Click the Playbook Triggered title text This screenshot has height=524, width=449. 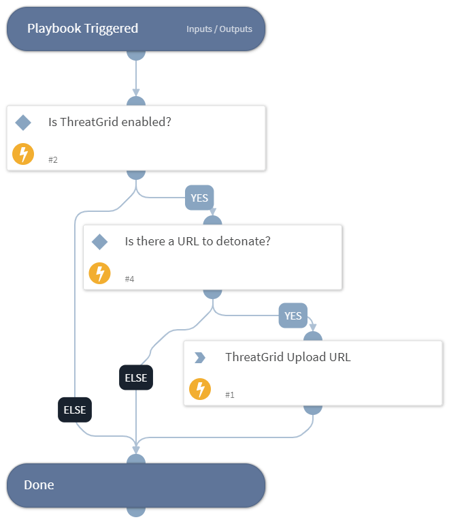pos(82,29)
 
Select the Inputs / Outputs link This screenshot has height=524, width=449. pos(219,29)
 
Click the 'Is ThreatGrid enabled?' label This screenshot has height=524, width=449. pos(109,123)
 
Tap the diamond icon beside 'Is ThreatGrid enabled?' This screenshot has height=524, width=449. pos(23,123)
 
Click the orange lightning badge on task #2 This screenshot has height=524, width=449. pos(23,154)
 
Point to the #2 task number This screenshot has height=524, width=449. pos(52,159)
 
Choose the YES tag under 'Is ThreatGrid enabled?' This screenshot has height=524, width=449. pos(199,198)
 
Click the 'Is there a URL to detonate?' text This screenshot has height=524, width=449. pos(197,241)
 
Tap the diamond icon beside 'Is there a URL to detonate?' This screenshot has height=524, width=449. pos(100,242)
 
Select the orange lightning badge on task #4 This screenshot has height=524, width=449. pos(100,273)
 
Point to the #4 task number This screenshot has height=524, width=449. pos(129,279)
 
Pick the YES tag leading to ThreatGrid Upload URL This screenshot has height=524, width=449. pos(293,316)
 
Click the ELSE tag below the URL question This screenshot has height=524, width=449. pos(136,377)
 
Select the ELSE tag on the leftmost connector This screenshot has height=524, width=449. pos(75,410)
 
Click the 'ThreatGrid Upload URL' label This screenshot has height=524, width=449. pos(288,357)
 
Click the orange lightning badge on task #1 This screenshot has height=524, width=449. pos(200,389)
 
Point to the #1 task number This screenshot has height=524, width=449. pos(229,395)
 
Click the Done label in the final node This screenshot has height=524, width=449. pos(39,485)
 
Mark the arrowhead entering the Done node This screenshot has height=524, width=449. pos(136,450)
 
